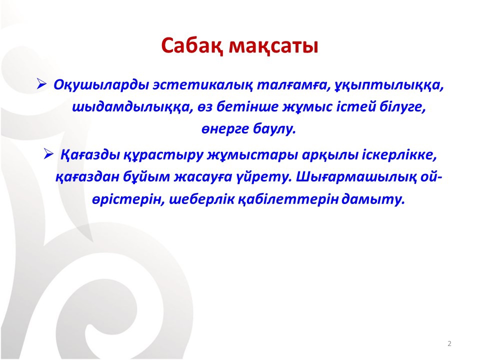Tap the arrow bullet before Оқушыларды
(x=41, y=84)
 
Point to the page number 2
(x=449, y=343)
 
